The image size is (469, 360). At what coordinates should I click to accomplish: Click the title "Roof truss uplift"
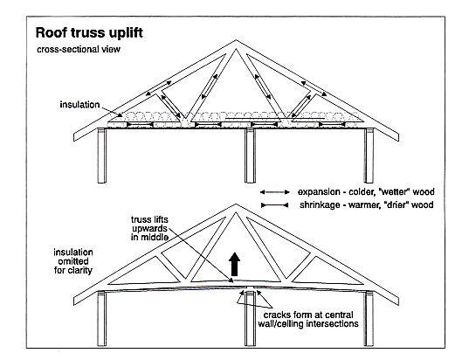[89, 32]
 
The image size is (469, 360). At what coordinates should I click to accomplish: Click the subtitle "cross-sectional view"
[79, 49]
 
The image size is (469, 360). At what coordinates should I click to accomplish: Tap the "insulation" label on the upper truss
[79, 105]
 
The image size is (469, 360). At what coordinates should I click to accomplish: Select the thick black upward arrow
[234, 264]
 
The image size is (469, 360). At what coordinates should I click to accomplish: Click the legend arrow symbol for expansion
[274, 192]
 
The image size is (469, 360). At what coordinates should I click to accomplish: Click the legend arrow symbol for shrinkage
[274, 205]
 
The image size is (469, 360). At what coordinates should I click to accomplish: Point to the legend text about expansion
[366, 192]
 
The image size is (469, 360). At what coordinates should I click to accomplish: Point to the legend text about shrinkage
[367, 205]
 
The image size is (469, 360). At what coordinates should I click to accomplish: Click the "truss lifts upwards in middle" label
[149, 228]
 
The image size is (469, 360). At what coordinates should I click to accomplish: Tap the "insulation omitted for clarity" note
[73, 261]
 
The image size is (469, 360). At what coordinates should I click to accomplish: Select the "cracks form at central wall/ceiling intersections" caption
[308, 319]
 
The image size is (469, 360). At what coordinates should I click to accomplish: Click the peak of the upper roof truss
[236, 40]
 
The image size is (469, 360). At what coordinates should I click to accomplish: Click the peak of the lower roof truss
[236, 204]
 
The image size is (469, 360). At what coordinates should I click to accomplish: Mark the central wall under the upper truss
[250, 156]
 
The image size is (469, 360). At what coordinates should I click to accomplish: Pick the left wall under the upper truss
[102, 156]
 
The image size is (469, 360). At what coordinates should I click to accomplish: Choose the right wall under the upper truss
[369, 156]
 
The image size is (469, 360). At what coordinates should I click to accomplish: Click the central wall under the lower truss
[250, 319]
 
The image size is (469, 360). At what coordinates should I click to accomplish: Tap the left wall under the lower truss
[102, 319]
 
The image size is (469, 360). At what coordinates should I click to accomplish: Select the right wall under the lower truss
[369, 319]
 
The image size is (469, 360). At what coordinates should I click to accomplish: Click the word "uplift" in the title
[126, 33]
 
